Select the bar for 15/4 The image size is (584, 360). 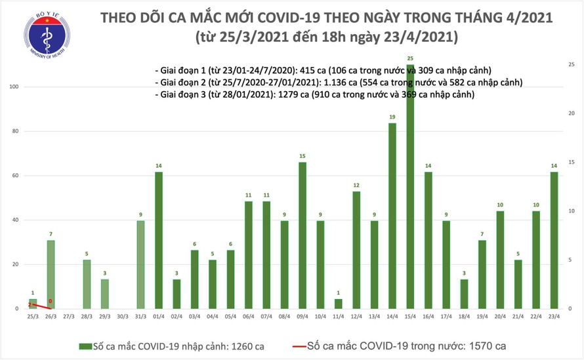[x=410, y=190]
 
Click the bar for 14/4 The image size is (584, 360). [x=392, y=216]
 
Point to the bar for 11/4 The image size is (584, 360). [x=339, y=304]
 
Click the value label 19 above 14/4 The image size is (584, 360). [x=392, y=117]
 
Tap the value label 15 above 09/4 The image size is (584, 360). [x=302, y=156]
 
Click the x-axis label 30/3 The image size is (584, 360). [x=123, y=316]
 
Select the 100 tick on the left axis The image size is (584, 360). [x=12, y=87]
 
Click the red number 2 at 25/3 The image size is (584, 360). [x=30, y=304]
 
